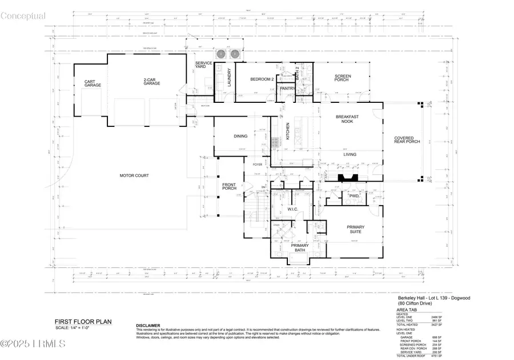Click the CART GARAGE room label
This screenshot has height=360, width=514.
click(93, 84)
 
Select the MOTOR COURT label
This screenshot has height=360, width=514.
click(134, 175)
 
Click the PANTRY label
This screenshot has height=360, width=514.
click(287, 89)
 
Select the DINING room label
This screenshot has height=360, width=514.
click(240, 136)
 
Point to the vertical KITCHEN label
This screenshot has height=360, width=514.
click(288, 132)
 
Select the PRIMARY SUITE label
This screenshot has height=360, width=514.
click(356, 230)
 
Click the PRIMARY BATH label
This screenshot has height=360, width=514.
click(299, 248)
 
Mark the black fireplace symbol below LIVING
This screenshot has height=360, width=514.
click(345, 177)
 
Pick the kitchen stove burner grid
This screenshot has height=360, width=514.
click(273, 142)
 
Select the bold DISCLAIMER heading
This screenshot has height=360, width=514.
click(148, 325)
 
